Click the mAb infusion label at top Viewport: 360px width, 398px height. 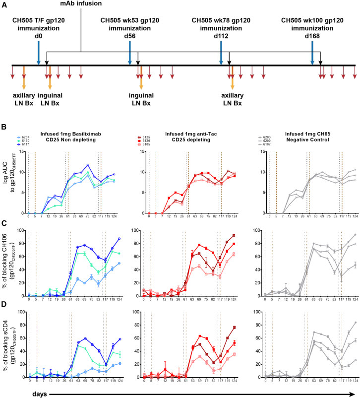pos(81,4)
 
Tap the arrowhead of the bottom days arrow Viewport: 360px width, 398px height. pos(356,392)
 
